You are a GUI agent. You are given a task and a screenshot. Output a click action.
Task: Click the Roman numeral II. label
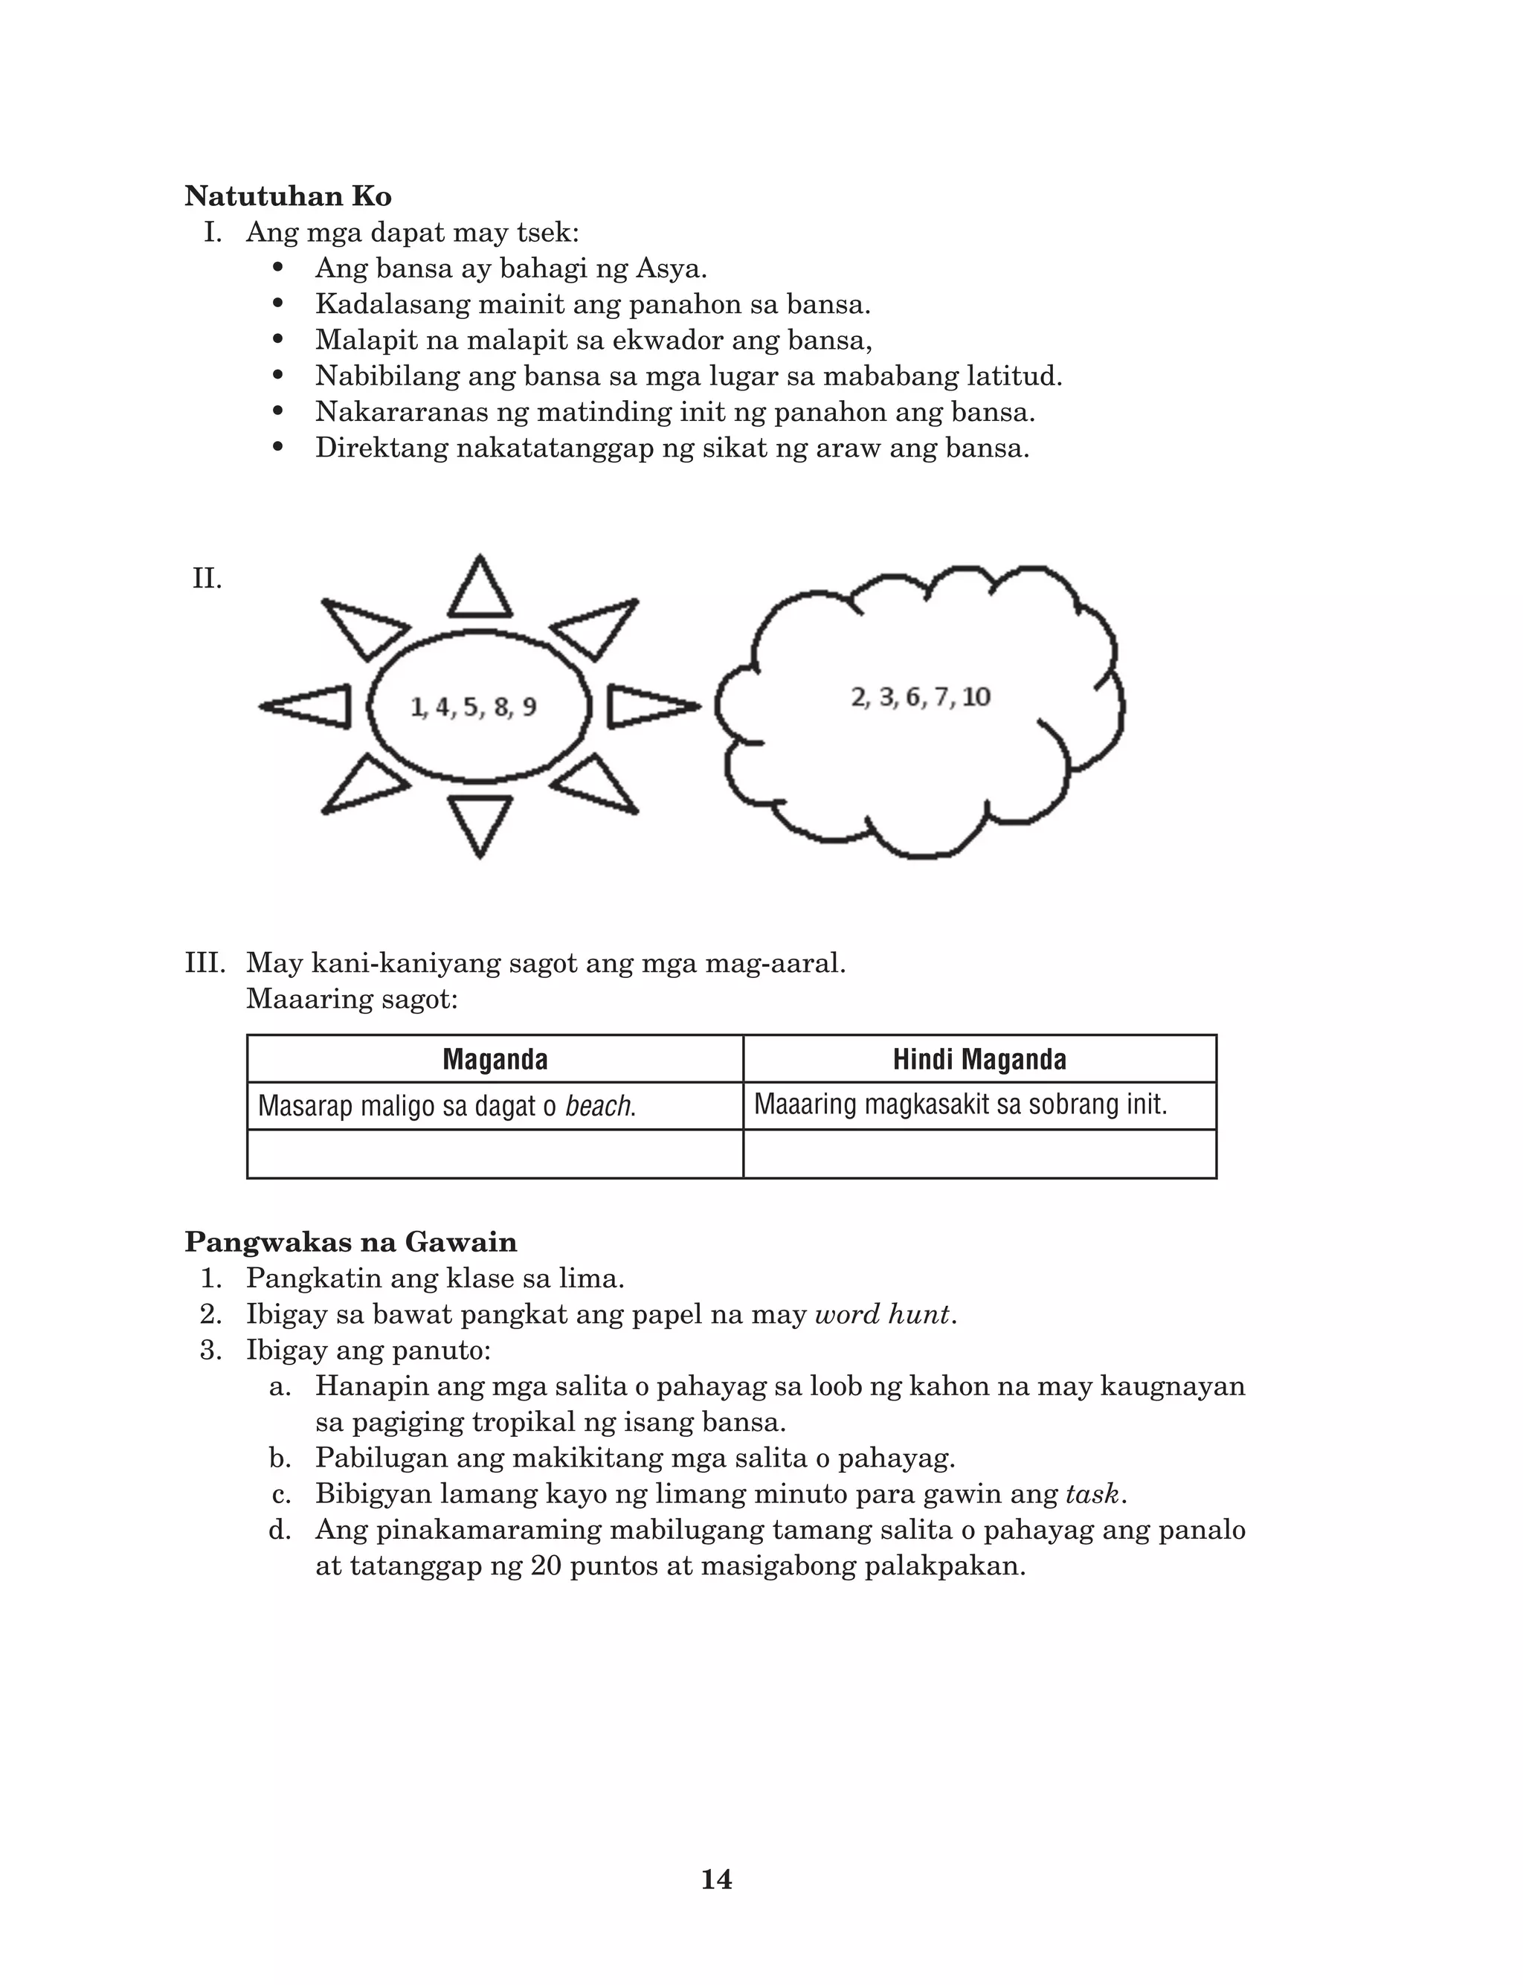pyautogui.click(x=207, y=579)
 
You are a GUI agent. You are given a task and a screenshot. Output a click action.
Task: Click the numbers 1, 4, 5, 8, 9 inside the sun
pyautogui.click(x=473, y=707)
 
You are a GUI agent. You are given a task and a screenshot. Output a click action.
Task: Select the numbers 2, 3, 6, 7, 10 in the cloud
pyautogui.click(x=920, y=697)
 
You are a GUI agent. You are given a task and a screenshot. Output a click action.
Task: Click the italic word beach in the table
pyautogui.click(x=599, y=1106)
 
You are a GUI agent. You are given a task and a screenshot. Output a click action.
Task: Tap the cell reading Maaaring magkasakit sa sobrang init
pyautogui.click(x=960, y=1105)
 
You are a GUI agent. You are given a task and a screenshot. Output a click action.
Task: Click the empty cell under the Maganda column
pyautogui.click(x=495, y=1154)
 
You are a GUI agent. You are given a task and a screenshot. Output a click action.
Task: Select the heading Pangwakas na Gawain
pyautogui.click(x=351, y=1242)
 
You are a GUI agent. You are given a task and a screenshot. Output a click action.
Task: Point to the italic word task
pyautogui.click(x=1092, y=1493)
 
